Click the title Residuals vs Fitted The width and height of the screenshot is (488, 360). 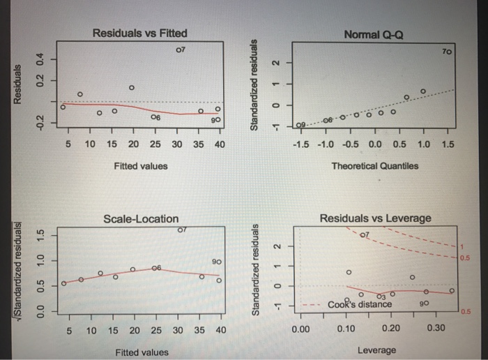click(139, 33)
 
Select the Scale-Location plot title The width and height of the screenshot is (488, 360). click(141, 218)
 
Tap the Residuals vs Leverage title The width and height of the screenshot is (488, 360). click(374, 218)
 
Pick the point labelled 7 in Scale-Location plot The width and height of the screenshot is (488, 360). click(178, 230)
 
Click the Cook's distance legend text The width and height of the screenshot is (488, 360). click(360, 304)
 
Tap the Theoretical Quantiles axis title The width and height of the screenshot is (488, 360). click(374, 166)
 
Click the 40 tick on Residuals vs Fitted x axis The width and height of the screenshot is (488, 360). click(219, 144)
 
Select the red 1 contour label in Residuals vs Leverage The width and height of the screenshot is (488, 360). click(461, 248)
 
